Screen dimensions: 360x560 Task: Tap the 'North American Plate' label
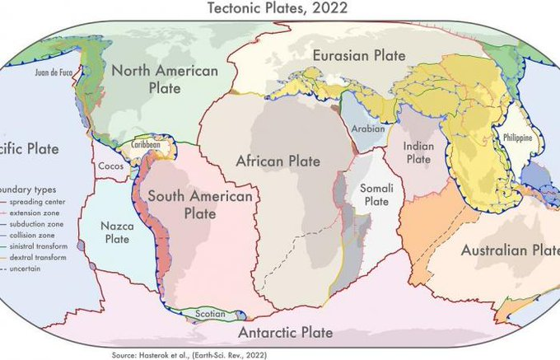(x=164, y=79)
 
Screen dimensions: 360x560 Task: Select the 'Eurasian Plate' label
(x=358, y=56)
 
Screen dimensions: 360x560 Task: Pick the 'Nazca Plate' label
(x=117, y=231)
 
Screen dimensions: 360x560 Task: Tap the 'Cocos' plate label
(x=110, y=166)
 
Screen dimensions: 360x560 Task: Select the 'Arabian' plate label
(x=362, y=129)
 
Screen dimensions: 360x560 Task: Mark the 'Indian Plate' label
(x=418, y=152)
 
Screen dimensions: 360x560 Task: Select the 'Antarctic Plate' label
(x=285, y=333)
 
